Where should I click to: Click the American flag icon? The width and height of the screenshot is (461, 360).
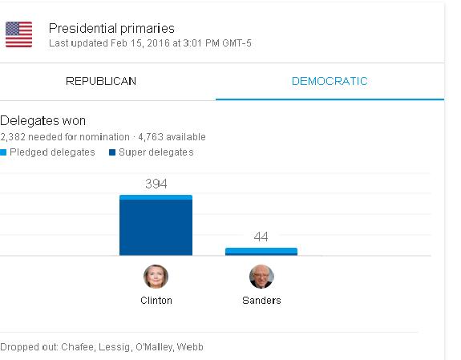click(18, 34)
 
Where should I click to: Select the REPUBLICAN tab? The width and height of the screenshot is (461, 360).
click(101, 81)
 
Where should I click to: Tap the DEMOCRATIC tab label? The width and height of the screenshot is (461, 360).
click(330, 81)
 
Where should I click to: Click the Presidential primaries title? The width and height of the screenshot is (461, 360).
click(111, 29)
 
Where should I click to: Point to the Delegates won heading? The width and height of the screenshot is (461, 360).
click(43, 121)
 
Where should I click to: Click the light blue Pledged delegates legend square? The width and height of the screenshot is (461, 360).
click(3, 152)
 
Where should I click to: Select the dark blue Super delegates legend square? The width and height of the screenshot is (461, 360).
click(112, 152)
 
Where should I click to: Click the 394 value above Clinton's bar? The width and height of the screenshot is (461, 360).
click(156, 184)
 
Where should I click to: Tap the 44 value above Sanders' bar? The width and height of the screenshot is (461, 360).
click(261, 237)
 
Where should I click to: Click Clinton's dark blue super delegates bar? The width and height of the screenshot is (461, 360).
click(156, 228)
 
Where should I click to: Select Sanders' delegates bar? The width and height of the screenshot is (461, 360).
click(261, 252)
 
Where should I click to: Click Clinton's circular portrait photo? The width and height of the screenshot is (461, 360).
click(156, 277)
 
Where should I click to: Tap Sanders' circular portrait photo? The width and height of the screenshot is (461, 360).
click(261, 277)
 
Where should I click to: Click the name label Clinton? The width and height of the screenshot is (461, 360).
click(156, 301)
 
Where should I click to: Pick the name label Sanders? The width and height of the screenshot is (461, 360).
click(261, 301)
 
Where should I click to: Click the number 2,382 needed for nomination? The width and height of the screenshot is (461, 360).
click(13, 137)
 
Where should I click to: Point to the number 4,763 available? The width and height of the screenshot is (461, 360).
click(151, 137)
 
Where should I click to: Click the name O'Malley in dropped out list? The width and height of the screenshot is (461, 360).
click(155, 347)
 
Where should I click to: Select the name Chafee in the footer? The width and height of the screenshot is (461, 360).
click(79, 347)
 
